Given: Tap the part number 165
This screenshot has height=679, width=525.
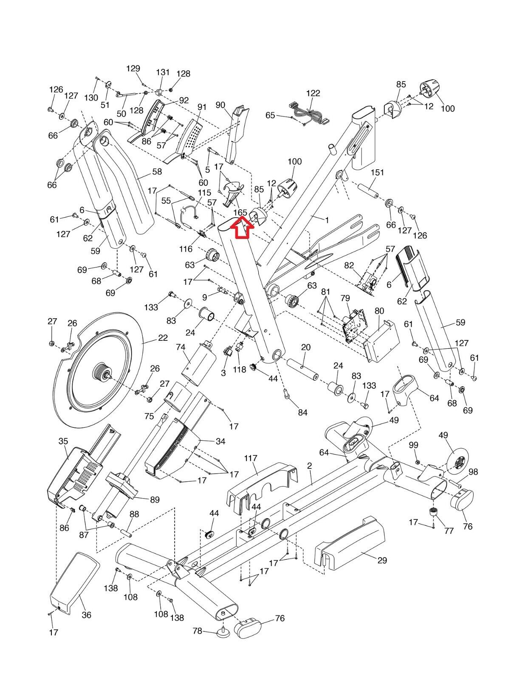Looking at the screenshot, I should (x=240, y=212).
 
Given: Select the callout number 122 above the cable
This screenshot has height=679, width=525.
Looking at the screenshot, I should (x=313, y=93).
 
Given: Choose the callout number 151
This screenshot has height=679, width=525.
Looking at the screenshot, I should (x=377, y=172).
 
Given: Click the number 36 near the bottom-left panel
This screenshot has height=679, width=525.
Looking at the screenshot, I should (x=86, y=614).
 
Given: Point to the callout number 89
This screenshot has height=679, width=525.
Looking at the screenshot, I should (x=155, y=500).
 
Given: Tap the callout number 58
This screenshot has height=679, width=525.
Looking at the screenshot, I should (x=157, y=171).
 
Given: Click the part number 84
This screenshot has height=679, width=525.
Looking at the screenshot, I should (x=302, y=412).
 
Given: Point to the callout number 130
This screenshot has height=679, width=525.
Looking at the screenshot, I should (x=91, y=98).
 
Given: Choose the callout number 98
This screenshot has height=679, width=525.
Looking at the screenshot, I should (x=473, y=472).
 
